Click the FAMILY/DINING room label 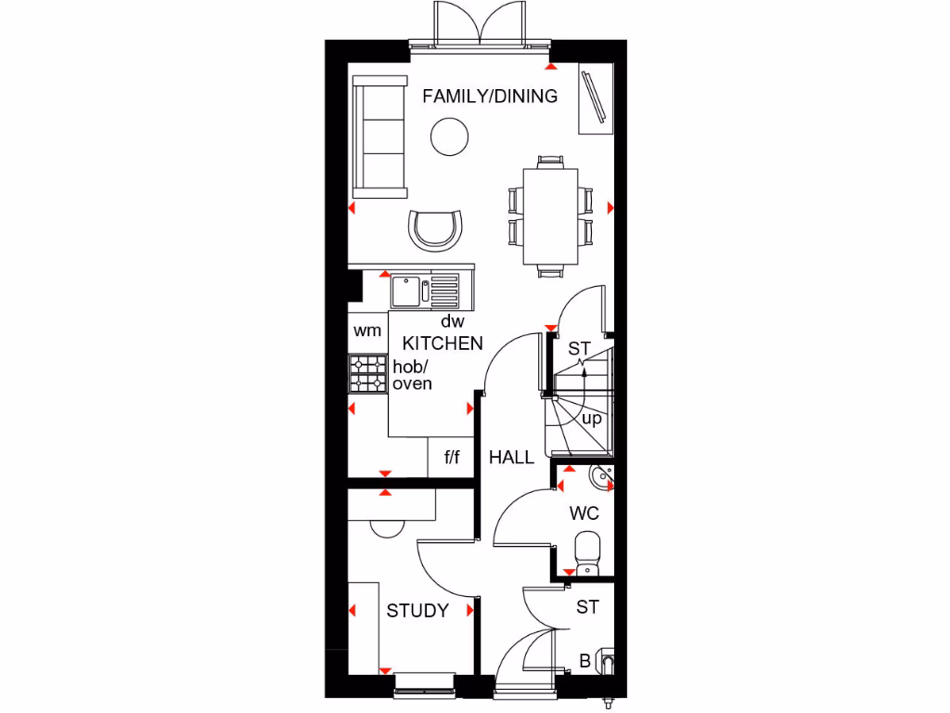(x=490, y=96)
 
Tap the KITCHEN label (x=443, y=344)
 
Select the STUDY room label (x=417, y=611)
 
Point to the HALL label (x=511, y=457)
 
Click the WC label (x=584, y=513)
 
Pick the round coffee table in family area (x=449, y=137)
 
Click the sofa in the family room (x=380, y=136)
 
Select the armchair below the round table (x=436, y=229)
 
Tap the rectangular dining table (x=550, y=216)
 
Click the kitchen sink (x=407, y=292)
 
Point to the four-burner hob (x=367, y=374)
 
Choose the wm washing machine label (x=366, y=331)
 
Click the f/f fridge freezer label (x=452, y=457)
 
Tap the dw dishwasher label (x=452, y=321)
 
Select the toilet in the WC (x=587, y=553)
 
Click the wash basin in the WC (x=600, y=478)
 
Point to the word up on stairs (x=591, y=419)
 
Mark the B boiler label (x=584, y=662)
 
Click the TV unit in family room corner (x=594, y=96)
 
